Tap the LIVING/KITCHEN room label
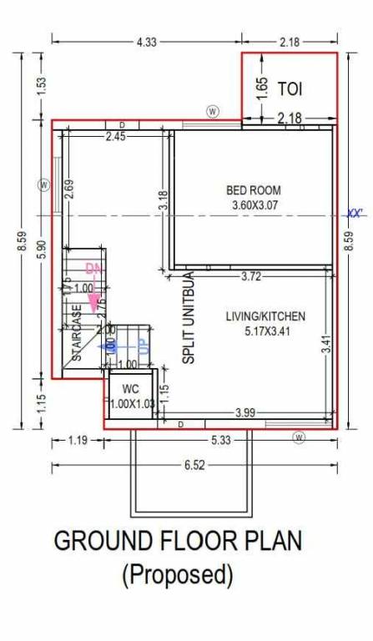point(265,316)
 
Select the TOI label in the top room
point(290,88)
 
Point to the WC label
point(130,390)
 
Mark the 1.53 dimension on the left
point(41,86)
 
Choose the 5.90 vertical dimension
point(41,248)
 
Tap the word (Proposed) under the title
point(177,574)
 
